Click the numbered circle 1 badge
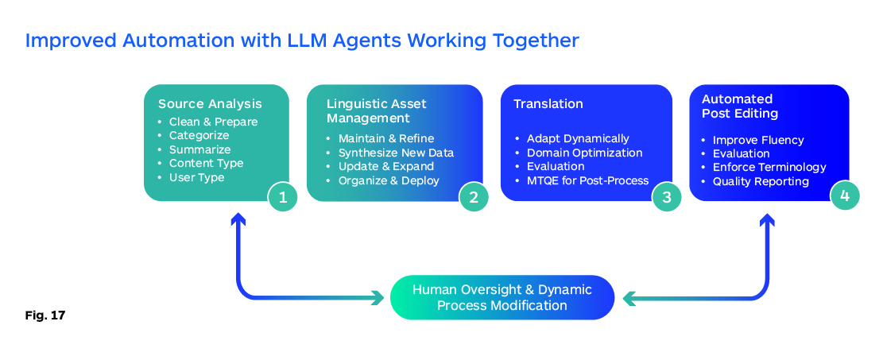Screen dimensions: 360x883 click(x=282, y=197)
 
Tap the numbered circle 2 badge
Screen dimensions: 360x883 click(x=474, y=197)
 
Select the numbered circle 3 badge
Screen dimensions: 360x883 click(x=667, y=197)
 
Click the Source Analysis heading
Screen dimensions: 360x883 click(x=210, y=104)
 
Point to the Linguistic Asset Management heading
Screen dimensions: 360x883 click(x=376, y=111)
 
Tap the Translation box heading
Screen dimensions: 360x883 click(x=548, y=104)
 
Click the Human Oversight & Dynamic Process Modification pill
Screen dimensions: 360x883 click(x=502, y=297)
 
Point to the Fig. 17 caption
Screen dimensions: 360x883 click(x=45, y=315)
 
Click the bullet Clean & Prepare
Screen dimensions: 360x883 click(x=213, y=122)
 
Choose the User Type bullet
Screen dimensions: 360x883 click(x=196, y=177)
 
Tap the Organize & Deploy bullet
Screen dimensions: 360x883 click(x=389, y=180)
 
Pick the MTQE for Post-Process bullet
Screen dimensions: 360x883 click(x=587, y=180)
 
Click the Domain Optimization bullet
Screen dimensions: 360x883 click(x=584, y=153)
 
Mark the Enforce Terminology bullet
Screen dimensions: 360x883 click(x=769, y=167)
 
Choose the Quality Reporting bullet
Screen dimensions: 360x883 click(x=761, y=181)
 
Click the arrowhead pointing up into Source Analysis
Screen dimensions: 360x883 click(x=237, y=218)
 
